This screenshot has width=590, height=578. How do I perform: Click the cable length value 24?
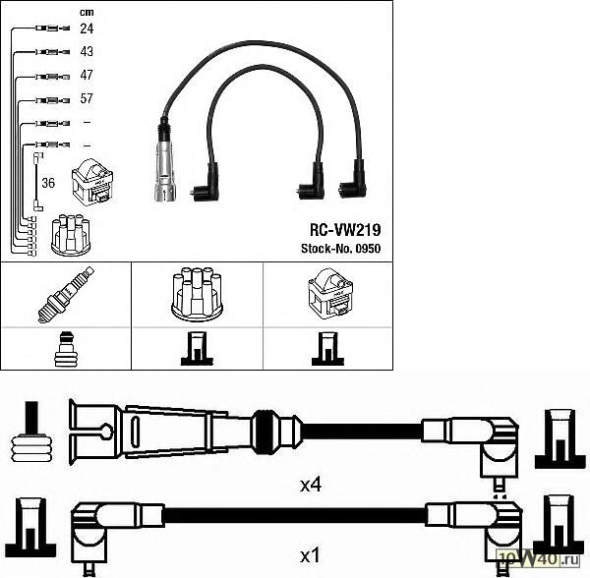coord(87,29)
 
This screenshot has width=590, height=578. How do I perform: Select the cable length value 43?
coord(87,51)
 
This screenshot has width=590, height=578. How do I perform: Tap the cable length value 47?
coord(87,75)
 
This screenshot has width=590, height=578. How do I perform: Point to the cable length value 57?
coord(87,98)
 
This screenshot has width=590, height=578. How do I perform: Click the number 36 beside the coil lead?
coord(48,183)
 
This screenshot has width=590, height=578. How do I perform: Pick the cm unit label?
coord(87,12)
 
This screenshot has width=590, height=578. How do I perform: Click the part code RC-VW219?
coord(345,230)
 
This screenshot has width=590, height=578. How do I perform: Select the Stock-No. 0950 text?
coord(340,249)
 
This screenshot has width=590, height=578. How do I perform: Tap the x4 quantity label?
coord(311,486)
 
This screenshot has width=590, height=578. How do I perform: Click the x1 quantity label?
coord(310,555)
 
